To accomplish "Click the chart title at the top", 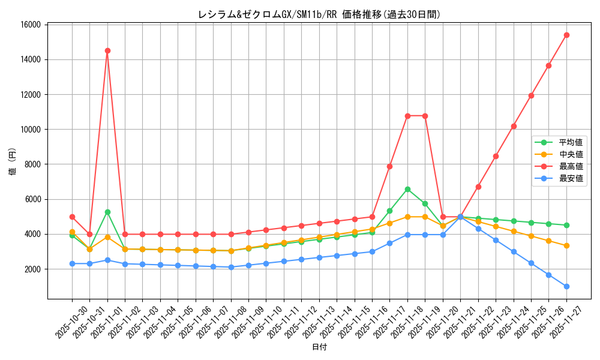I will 319,14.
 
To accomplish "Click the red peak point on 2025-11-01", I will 107,50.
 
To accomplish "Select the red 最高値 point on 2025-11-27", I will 566,35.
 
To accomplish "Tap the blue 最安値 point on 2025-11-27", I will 566,286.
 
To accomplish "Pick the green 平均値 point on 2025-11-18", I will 407,189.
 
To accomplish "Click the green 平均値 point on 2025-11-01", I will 107,212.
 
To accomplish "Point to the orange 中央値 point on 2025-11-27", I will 566,245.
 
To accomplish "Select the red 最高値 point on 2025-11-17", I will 389,166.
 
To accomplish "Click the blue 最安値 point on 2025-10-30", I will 72,263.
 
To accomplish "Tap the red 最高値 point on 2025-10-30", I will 72,217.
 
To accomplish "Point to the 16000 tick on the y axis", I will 30,25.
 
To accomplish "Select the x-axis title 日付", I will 319,347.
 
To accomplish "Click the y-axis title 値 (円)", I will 13,162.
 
